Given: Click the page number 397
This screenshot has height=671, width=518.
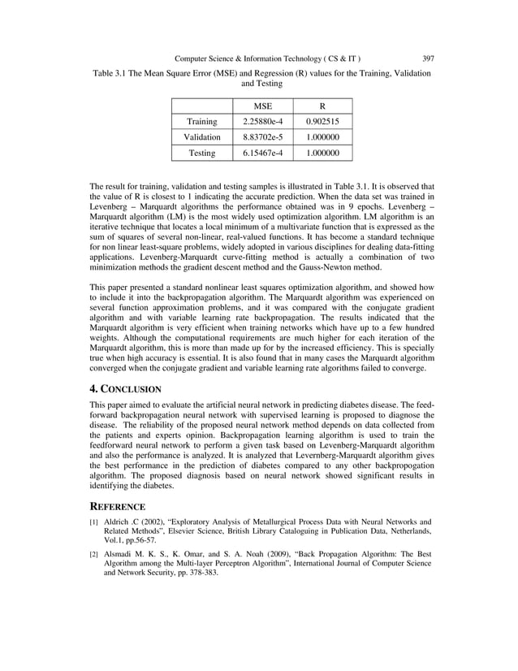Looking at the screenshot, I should click(428, 58).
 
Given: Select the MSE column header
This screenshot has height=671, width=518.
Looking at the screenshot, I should click(261, 106).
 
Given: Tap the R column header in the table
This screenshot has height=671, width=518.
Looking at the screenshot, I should click(322, 106).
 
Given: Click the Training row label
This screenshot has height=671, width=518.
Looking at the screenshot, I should click(201, 122).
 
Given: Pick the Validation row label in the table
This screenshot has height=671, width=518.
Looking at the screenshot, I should click(201, 137).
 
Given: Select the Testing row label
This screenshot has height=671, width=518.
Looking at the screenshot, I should click(201, 153).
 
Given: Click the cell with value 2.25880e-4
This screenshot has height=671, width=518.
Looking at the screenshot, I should click(261, 122).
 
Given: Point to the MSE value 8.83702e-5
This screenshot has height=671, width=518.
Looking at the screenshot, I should click(261, 137).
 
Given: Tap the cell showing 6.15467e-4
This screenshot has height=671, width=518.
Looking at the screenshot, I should click(261, 153).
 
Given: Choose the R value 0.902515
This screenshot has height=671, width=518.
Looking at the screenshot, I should click(322, 122).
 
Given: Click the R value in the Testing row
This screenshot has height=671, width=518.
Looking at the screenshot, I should click(322, 153).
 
